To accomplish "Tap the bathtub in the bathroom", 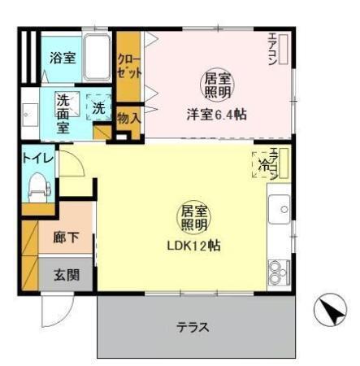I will tap(98, 57).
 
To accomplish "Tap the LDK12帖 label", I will tap(193, 243).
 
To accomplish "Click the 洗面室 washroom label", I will tap(64, 114).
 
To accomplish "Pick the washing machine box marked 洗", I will tap(98, 107).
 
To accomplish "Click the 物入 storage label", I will tap(128, 119).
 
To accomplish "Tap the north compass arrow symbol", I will tap(330, 309).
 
